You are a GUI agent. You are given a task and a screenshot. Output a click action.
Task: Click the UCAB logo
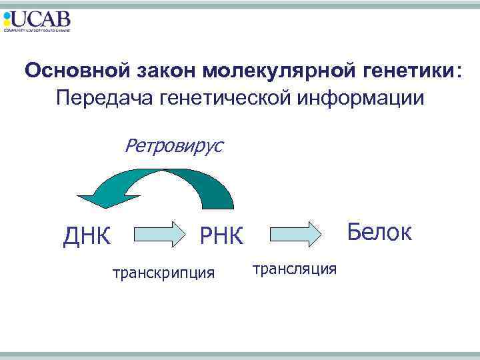[x=37, y=21]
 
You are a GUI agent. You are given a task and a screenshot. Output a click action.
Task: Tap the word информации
[x=361, y=99]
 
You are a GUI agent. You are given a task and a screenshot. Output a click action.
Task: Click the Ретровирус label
[x=174, y=145]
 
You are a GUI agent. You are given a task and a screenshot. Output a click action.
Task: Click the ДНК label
[x=87, y=236]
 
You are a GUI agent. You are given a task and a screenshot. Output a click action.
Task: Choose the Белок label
[x=379, y=233]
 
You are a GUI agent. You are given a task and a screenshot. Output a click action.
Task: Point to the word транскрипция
[x=163, y=272]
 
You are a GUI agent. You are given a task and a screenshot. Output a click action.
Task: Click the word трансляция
[x=295, y=268]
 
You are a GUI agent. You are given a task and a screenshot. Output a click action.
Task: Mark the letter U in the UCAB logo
[x=20, y=19]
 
